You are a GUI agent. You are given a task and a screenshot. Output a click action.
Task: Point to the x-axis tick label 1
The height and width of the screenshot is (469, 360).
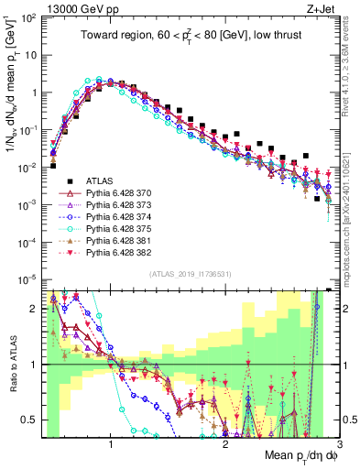pyautogui.click(x=111, y=444)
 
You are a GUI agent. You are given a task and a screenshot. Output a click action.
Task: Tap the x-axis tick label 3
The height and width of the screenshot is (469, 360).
pyautogui.click(x=340, y=444)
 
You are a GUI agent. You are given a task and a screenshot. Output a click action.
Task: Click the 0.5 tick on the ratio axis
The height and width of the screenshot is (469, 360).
pyautogui.click(x=29, y=420)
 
